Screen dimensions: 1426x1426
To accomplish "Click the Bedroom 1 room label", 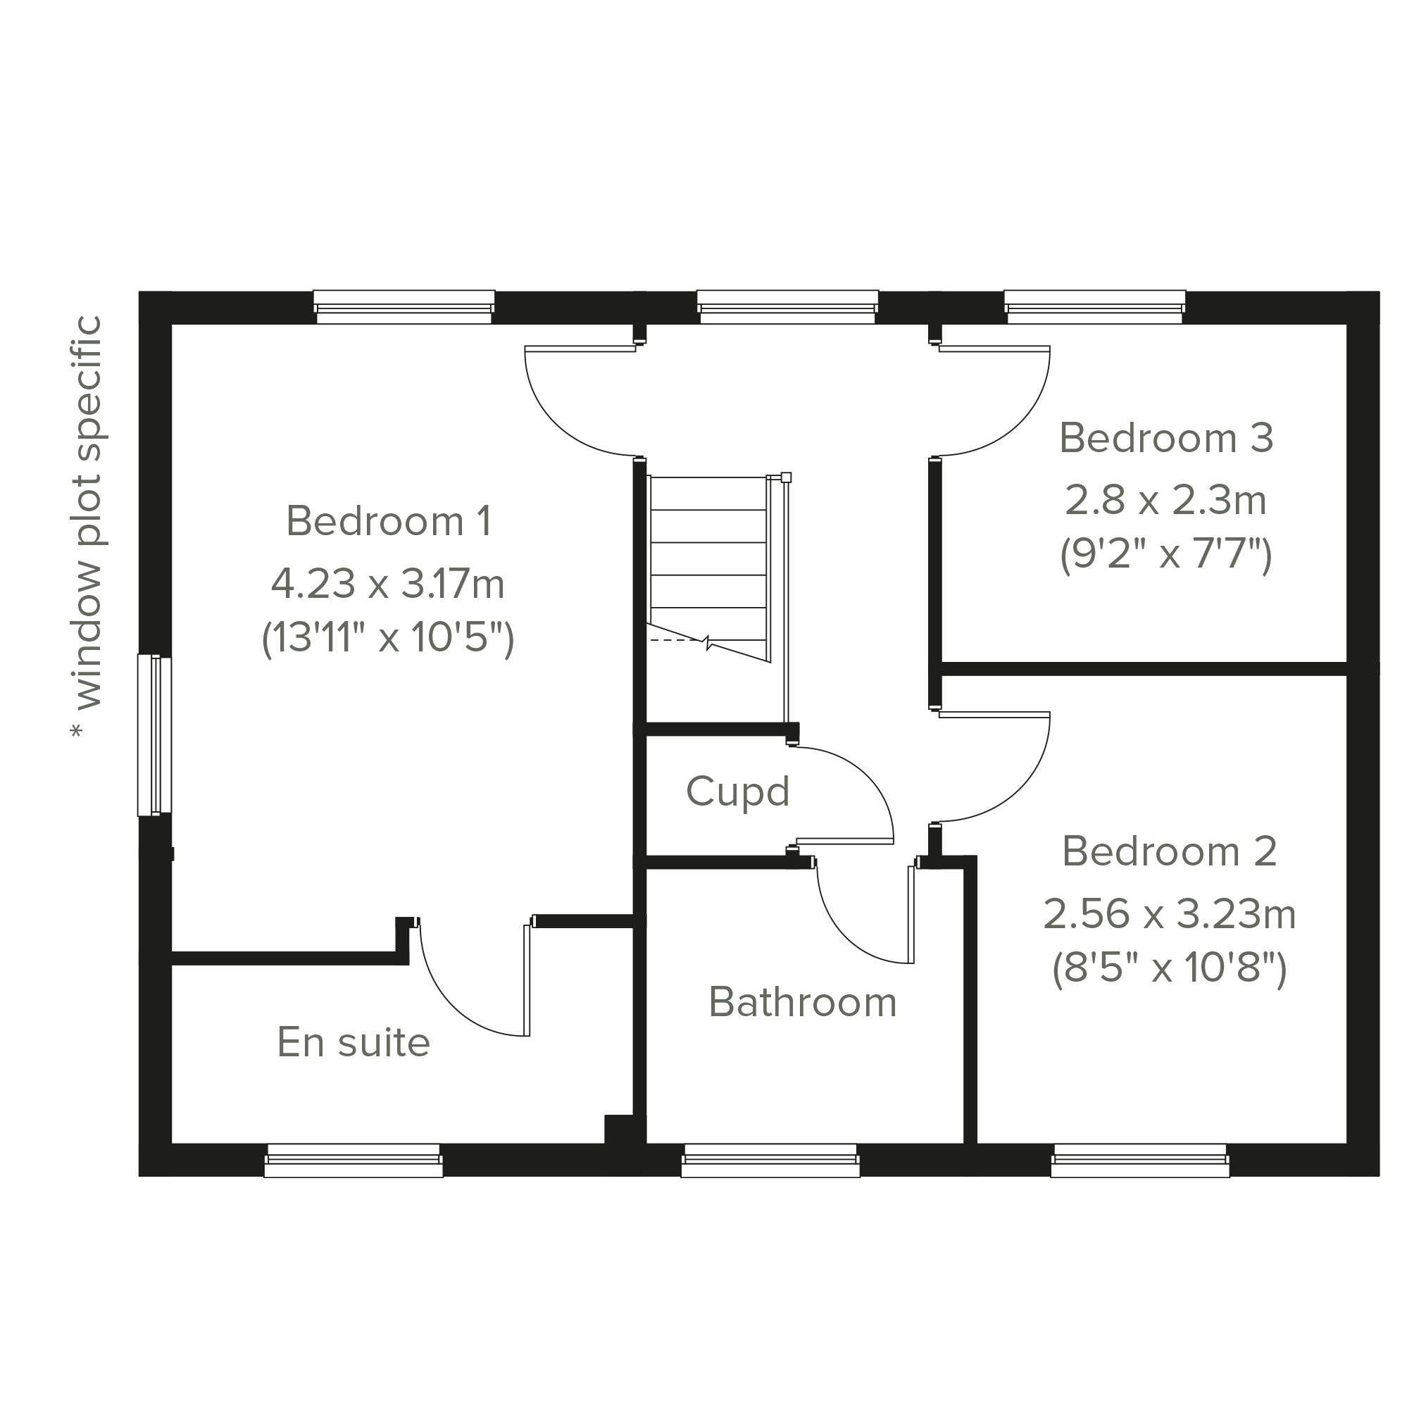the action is click(x=388, y=521).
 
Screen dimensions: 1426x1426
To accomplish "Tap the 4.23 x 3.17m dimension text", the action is click(x=387, y=584).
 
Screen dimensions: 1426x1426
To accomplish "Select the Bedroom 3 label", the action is click(x=1166, y=438).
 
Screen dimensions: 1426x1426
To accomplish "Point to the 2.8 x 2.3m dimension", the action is click(x=1166, y=500).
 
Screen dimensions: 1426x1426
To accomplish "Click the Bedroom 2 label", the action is click(x=1169, y=851).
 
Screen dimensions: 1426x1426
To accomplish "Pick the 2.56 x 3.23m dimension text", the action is click(x=1169, y=914).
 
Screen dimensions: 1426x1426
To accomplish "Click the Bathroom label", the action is click(x=803, y=1002).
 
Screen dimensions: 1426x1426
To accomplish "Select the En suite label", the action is click(x=354, y=1042).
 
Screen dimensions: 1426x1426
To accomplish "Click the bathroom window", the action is click(x=770, y=1160).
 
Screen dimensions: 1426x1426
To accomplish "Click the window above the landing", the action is click(x=787, y=307).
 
